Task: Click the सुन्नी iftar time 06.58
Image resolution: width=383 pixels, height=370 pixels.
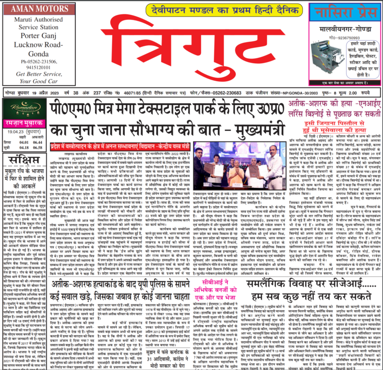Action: pyautogui.click(x=37, y=148)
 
